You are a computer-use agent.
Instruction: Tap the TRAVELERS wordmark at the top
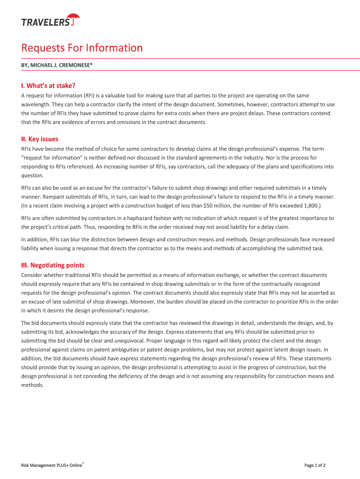pyautogui.click(x=45, y=22)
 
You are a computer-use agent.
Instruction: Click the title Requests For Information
pyautogui.click(x=82, y=48)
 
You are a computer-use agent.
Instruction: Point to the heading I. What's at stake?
pyautogui.click(x=48, y=85)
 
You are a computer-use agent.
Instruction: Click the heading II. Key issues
pyautogui.click(x=40, y=139)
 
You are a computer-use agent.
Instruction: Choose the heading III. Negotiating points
pyautogui.click(x=53, y=265)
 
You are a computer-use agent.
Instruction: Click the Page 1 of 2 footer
pyautogui.click(x=315, y=465)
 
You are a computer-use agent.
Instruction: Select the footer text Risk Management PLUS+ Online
pyautogui.click(x=51, y=465)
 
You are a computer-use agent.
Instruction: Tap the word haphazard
pyautogui.click(x=145, y=218)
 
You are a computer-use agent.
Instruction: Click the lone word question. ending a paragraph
pyautogui.click(x=32, y=175)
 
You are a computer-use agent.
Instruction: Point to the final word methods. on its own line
pyautogui.click(x=32, y=385)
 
